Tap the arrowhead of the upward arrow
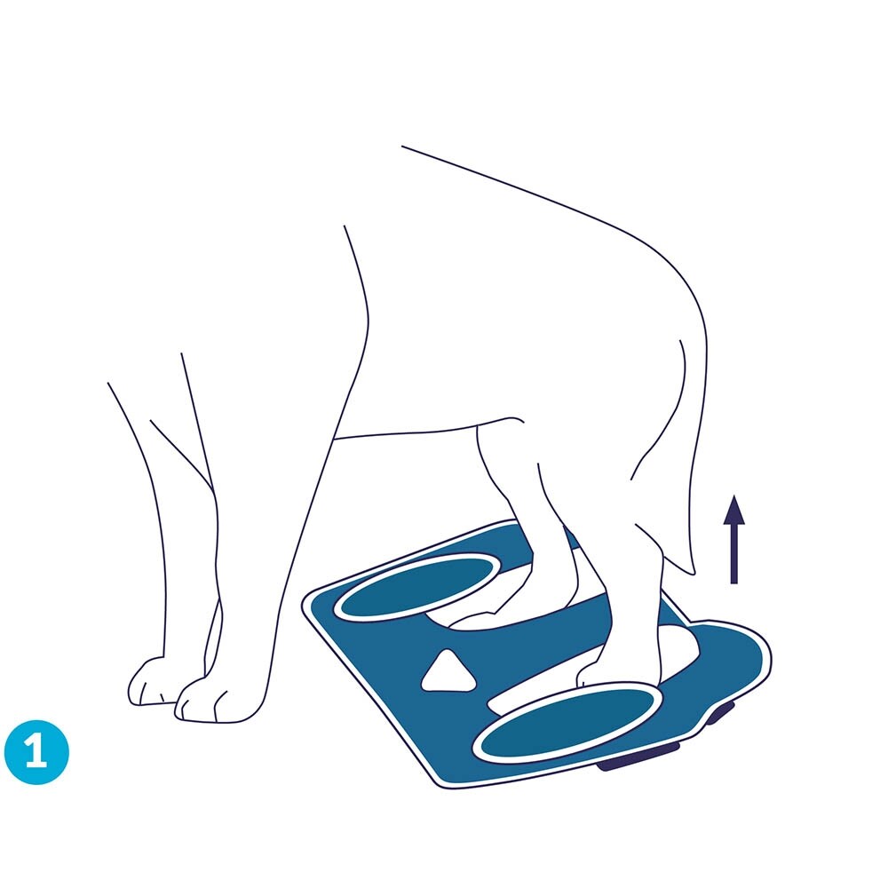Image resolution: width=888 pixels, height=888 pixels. (734, 509)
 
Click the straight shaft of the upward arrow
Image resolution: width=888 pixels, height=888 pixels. (734, 553)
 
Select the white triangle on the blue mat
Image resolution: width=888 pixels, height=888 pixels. (448, 672)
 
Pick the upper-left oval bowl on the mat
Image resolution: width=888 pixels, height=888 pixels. (416, 587)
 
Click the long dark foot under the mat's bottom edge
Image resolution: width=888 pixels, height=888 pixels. (638, 758)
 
